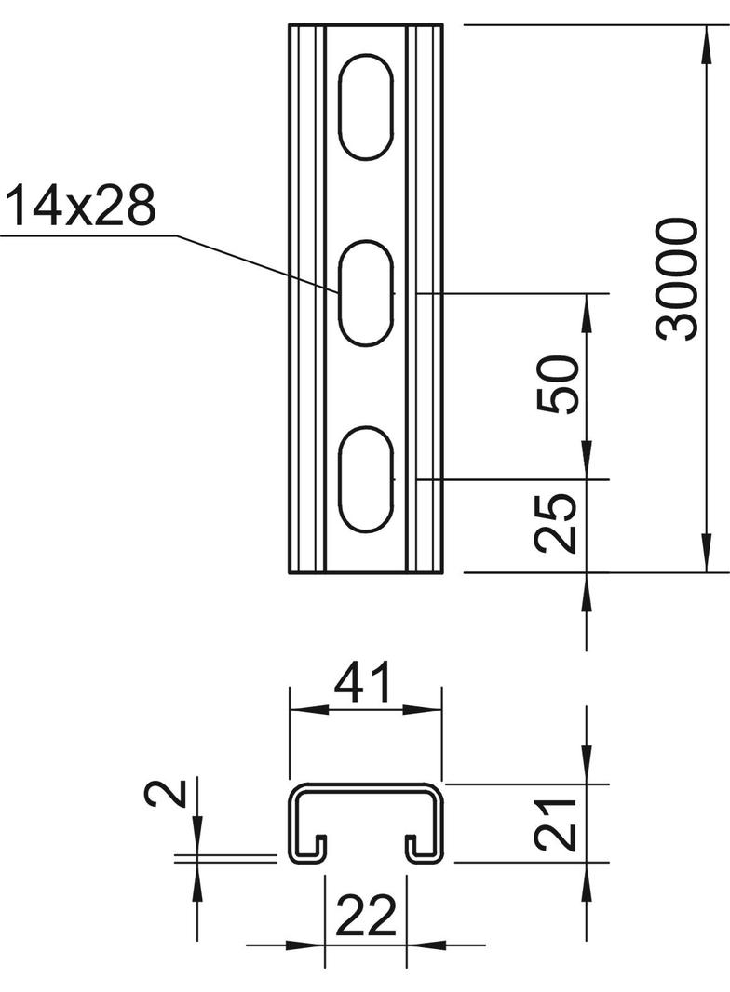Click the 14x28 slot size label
point(80,207)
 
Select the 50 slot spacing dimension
point(560,384)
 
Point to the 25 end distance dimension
point(560,524)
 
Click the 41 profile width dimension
point(364,684)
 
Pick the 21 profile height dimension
point(560,824)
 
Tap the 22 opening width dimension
point(365,918)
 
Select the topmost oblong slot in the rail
point(364,106)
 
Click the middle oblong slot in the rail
point(364,292)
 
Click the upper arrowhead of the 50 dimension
point(587,308)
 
